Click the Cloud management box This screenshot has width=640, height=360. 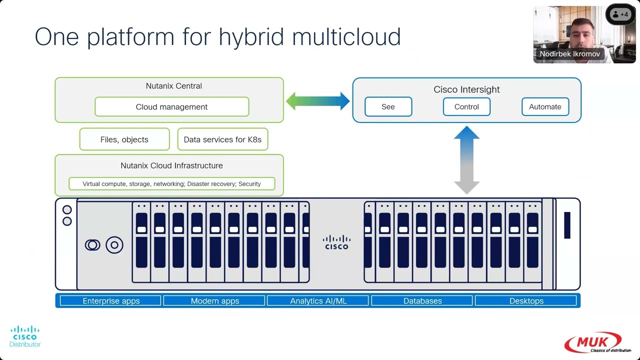click(x=171, y=106)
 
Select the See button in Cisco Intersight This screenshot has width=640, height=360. click(x=388, y=106)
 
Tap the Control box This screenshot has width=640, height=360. click(x=466, y=106)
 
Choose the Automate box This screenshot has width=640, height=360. click(x=545, y=106)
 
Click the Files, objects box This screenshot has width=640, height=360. click(x=124, y=139)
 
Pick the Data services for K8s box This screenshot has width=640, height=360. click(x=222, y=139)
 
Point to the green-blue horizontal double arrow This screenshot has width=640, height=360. click(x=317, y=100)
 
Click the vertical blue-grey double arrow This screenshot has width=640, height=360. click(x=466, y=160)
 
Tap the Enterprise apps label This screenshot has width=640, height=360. click(x=111, y=301)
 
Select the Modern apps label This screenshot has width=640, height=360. click(x=214, y=301)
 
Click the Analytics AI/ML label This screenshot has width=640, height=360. click(x=318, y=301)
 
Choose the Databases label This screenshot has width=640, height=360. click(x=422, y=301)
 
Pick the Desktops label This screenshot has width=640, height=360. click(x=526, y=301)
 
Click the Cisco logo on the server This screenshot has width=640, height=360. click(x=336, y=242)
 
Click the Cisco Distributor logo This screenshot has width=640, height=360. click(x=25, y=336)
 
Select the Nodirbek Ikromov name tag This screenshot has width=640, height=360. click(x=569, y=54)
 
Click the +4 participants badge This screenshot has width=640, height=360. click(x=620, y=14)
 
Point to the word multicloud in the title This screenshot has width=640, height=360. click(x=346, y=37)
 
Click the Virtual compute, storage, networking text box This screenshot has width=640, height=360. click(x=171, y=184)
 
